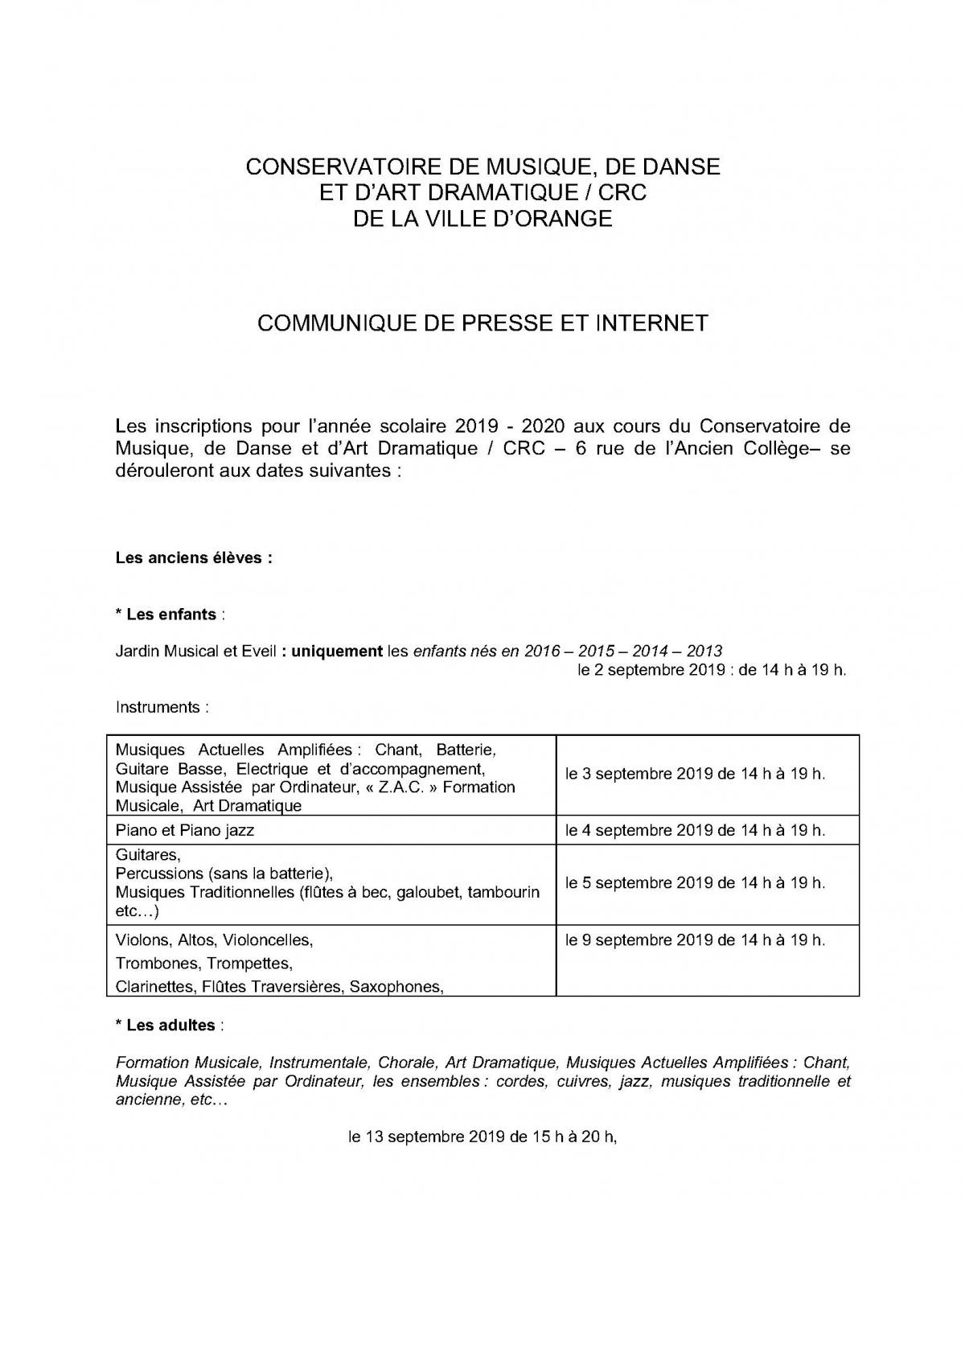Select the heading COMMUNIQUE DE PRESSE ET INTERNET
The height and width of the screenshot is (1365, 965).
coord(482,323)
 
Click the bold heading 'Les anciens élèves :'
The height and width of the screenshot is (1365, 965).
coord(194,557)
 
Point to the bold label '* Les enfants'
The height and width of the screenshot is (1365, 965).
coord(166,615)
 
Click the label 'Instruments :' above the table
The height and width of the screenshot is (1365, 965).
coord(162,708)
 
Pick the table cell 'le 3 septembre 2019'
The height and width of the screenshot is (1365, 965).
coord(695,774)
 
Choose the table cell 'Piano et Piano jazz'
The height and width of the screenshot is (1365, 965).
coord(185,830)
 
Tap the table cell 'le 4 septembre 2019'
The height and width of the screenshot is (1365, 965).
coord(695,830)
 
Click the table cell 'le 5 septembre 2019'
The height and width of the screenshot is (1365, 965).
coord(695,882)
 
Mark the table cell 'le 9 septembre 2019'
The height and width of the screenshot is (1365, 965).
coord(695,939)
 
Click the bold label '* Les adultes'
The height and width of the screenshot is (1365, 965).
coord(166,1026)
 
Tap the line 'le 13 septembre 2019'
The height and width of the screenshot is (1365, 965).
coord(482,1137)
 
